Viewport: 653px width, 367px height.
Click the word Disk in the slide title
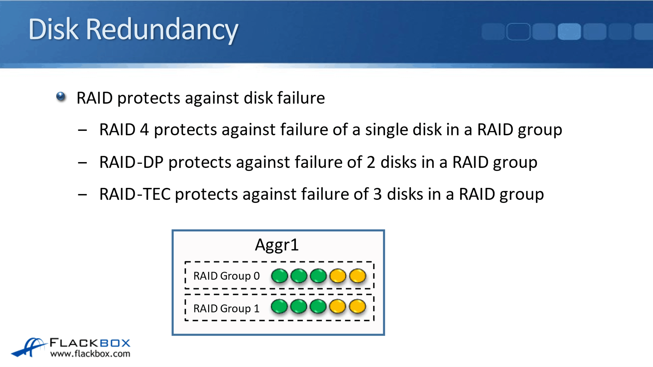[x=53, y=29]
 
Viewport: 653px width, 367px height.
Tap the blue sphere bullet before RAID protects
[x=61, y=97]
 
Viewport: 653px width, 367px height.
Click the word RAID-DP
[x=132, y=162]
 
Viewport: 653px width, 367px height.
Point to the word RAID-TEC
[x=135, y=194]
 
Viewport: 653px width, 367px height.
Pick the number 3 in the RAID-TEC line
[x=377, y=194]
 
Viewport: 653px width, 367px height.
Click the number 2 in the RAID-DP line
[x=371, y=162]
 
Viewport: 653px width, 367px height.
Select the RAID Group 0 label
[x=226, y=276]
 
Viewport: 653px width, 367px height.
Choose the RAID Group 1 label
[x=226, y=309]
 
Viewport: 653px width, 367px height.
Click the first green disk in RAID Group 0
[x=279, y=276]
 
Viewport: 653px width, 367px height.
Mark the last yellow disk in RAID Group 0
[x=358, y=276]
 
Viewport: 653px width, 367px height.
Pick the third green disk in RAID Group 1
[x=318, y=306]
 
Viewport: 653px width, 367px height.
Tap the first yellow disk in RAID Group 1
[x=337, y=306]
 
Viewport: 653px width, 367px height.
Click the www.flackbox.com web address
[x=90, y=354]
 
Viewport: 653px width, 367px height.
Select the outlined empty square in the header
[x=518, y=31]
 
